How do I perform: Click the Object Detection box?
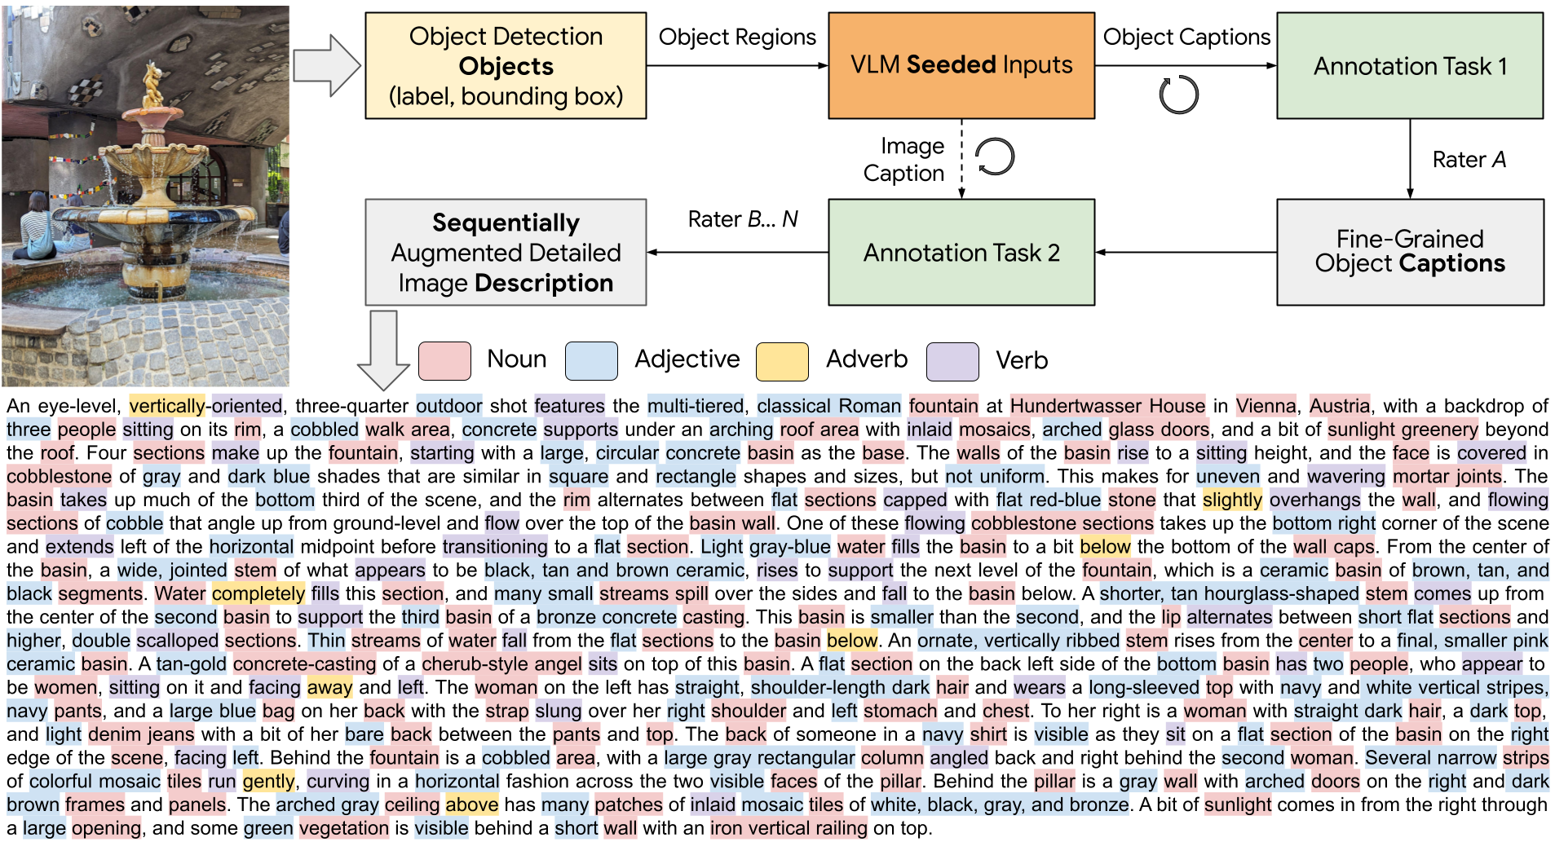[506, 66]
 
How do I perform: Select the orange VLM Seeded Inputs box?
[961, 66]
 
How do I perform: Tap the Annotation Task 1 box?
[1410, 66]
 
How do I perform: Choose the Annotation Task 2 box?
[961, 253]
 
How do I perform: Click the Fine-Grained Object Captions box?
[1410, 253]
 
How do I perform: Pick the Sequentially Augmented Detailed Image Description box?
[506, 253]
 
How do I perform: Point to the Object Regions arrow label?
[737, 37]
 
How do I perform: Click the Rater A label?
[1469, 160]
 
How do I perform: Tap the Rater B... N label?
[743, 219]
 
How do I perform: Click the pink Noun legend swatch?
[444, 361]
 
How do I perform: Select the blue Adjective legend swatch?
[591, 361]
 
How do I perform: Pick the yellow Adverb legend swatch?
[782, 361]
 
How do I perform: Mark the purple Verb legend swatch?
[952, 361]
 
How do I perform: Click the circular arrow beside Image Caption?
[996, 156]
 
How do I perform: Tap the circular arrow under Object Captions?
[1179, 95]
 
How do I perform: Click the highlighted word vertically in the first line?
[167, 406]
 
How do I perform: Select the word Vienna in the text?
[1266, 406]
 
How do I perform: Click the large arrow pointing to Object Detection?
[326, 66]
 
